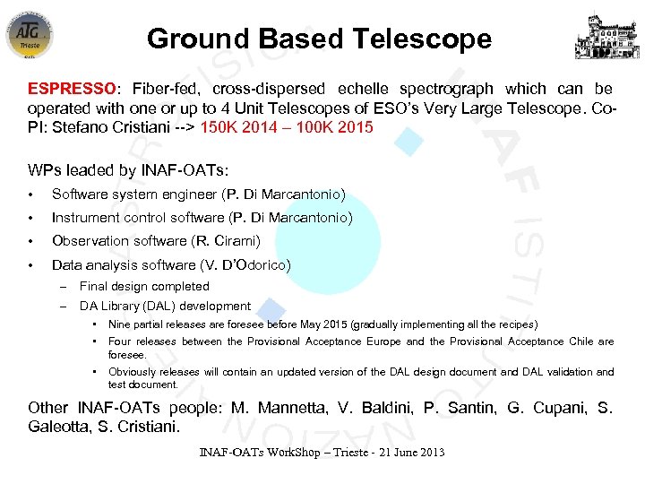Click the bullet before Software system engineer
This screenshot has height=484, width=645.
[31, 195]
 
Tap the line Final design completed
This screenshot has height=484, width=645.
[144, 287]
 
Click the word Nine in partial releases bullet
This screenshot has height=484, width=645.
[119, 324]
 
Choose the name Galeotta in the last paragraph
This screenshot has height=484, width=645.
[59, 427]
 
